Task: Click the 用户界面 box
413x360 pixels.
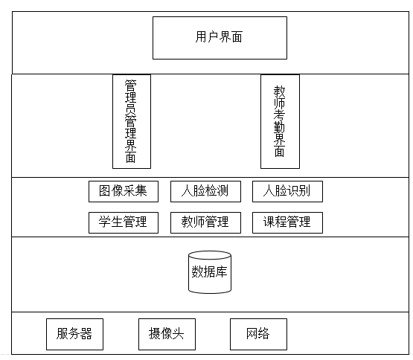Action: click(220, 38)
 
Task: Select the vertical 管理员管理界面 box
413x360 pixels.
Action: click(132, 121)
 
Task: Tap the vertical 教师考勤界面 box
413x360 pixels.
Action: click(280, 121)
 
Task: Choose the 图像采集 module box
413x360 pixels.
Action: click(124, 191)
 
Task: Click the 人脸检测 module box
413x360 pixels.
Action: click(205, 191)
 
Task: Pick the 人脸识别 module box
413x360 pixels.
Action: click(288, 191)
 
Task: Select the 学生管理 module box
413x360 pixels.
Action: click(124, 222)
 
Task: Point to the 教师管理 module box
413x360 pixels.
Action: click(205, 222)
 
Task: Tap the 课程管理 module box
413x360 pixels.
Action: click(288, 222)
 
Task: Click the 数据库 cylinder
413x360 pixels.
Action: click(210, 272)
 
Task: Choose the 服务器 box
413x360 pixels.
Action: click(75, 334)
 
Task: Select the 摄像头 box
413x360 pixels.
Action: click(167, 334)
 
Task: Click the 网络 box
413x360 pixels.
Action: click(258, 334)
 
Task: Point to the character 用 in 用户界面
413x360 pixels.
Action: click(201, 36)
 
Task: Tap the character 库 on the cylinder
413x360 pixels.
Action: click(222, 271)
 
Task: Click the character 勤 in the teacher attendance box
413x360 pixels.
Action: click(280, 128)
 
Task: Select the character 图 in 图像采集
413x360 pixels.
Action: click(105, 190)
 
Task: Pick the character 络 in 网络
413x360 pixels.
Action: click(264, 333)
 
